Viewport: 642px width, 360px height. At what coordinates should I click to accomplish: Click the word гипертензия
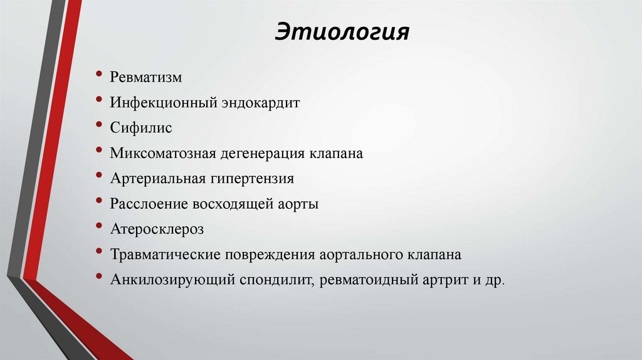pyautogui.click(x=252, y=179)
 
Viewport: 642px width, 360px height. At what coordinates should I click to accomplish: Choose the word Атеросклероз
pyautogui.click(x=157, y=230)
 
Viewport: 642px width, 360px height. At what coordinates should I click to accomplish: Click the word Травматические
pyautogui.click(x=162, y=255)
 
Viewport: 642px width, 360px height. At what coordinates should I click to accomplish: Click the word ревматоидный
pyautogui.click(x=364, y=280)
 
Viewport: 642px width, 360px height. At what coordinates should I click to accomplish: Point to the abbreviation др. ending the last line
pyautogui.click(x=494, y=280)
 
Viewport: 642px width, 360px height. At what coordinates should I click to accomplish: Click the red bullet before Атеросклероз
pyautogui.click(x=100, y=227)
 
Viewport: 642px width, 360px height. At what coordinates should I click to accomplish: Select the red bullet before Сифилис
pyautogui.click(x=100, y=125)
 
